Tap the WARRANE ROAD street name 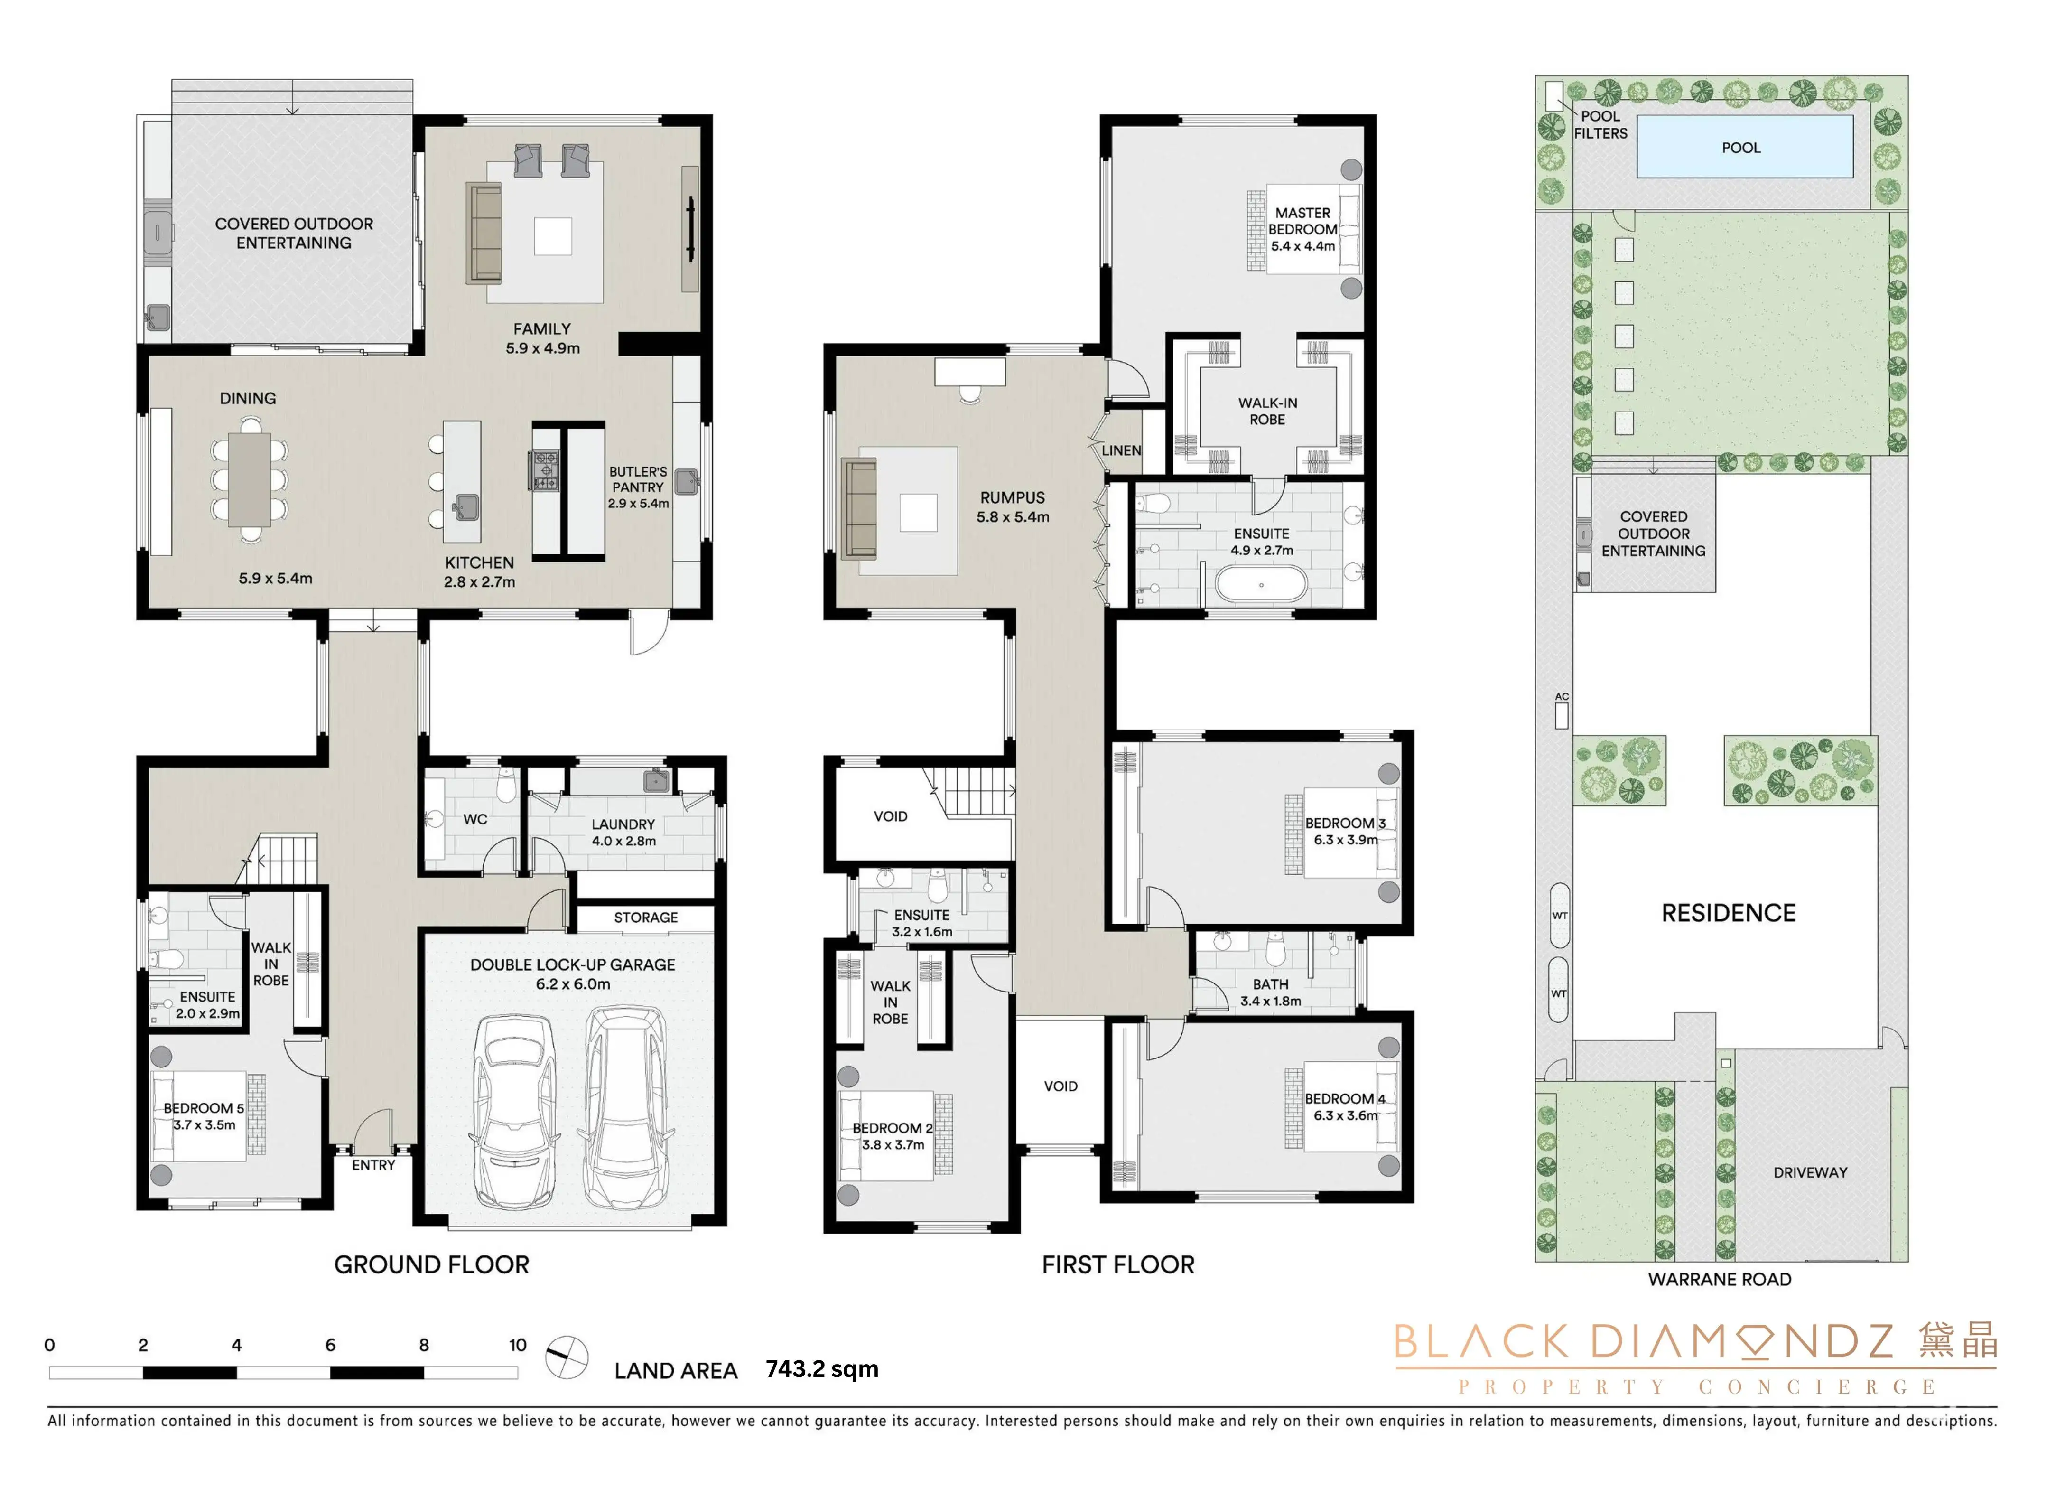(1719, 1280)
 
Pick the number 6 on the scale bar (330, 1345)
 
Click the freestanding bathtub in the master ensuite (1261, 585)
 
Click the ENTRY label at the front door (373, 1165)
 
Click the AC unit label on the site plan (1562, 697)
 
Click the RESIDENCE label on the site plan (1728, 913)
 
